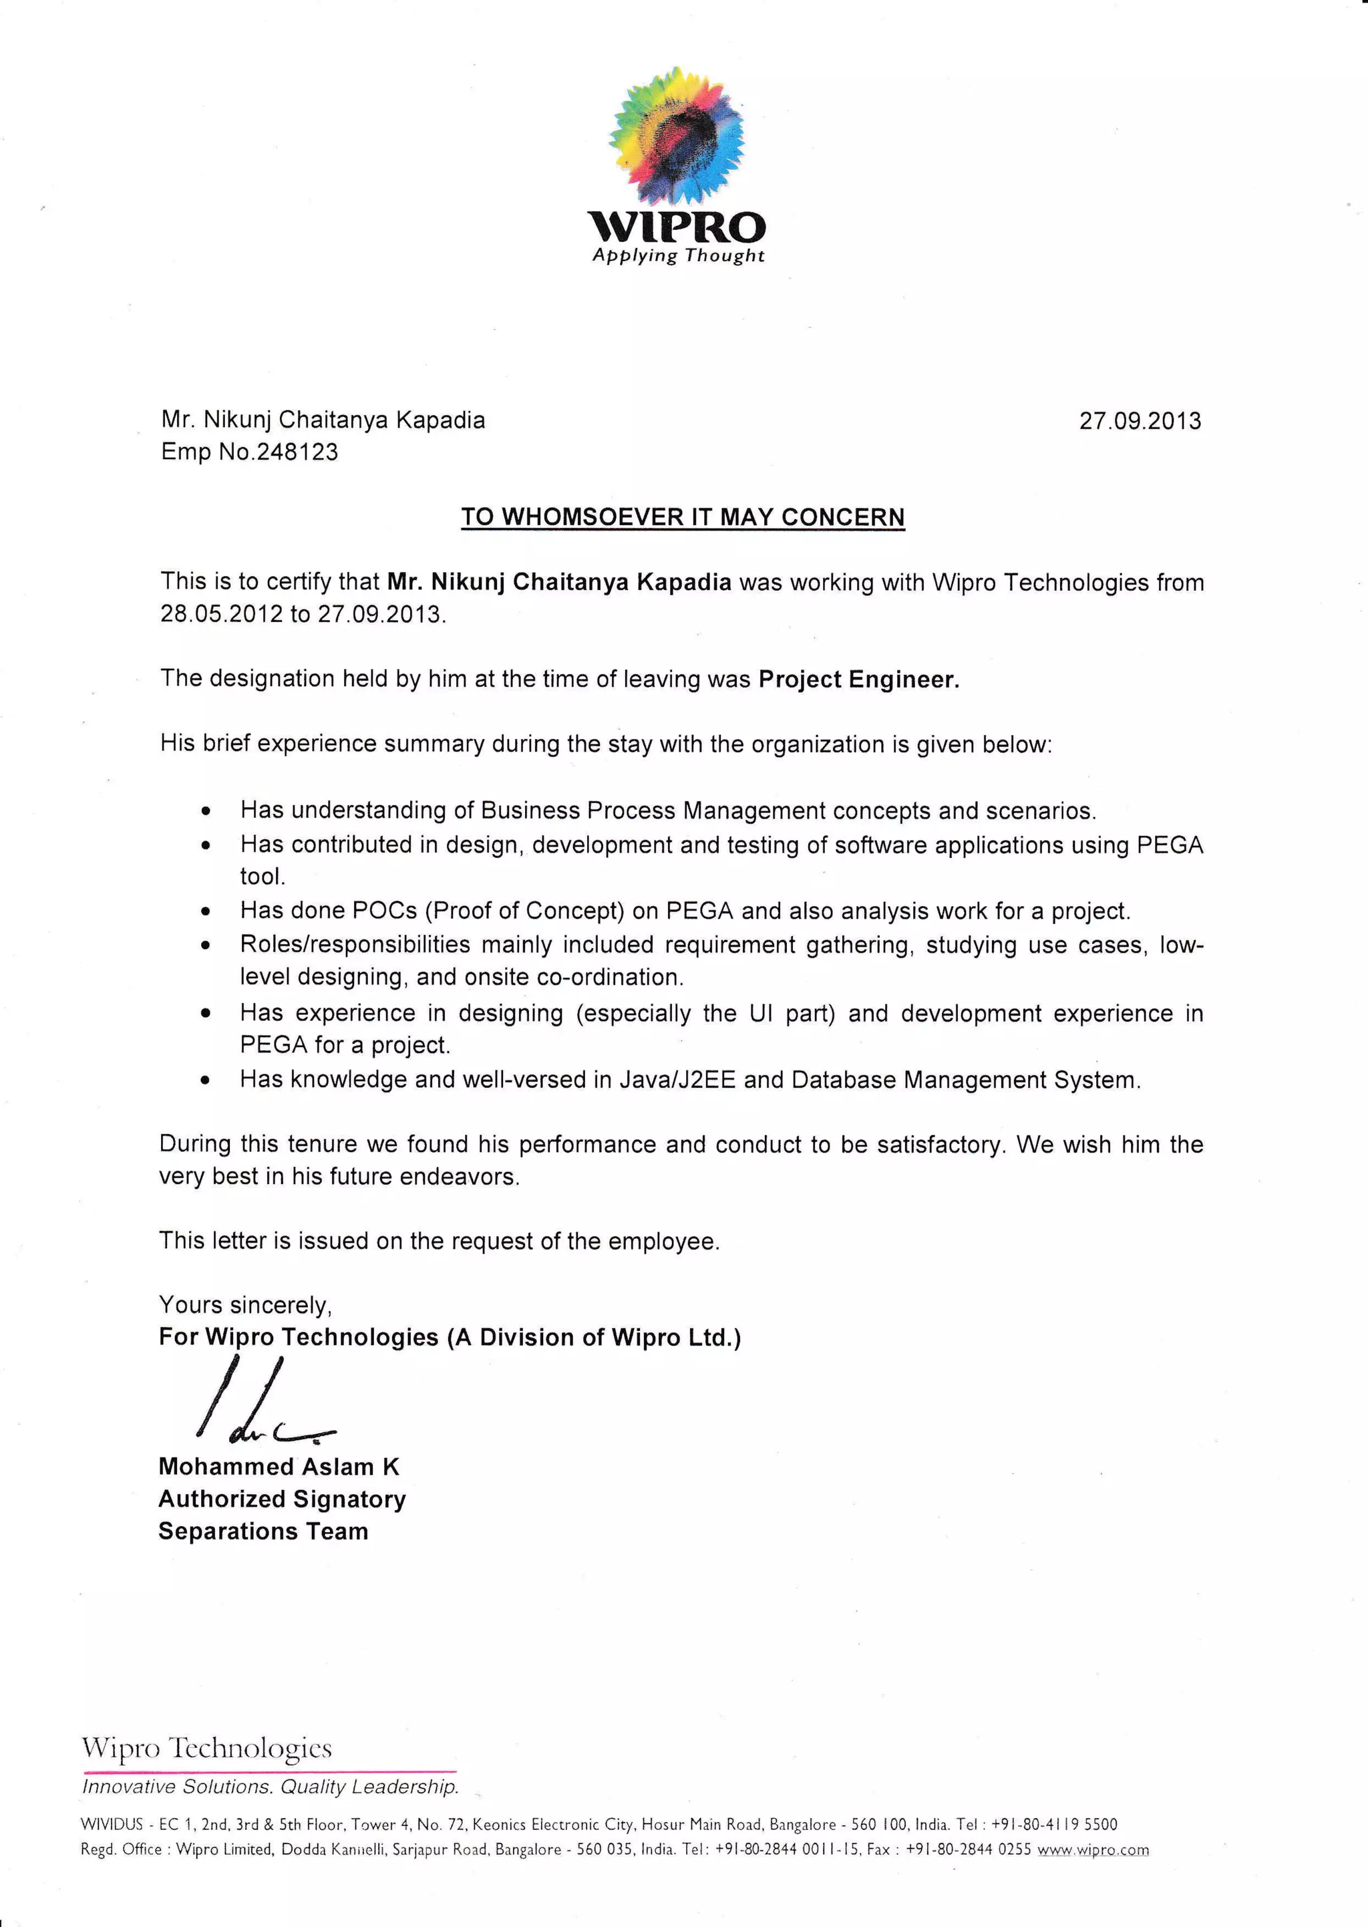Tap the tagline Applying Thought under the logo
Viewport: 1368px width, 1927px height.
click(x=678, y=255)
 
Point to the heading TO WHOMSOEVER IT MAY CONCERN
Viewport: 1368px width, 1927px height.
click(x=682, y=516)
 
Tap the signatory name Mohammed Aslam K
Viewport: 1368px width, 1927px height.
click(x=279, y=1467)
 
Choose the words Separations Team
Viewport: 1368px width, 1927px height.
click(x=263, y=1531)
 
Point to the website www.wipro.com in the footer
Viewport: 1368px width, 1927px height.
click(x=1093, y=1850)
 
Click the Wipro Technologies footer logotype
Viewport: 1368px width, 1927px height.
click(x=206, y=1749)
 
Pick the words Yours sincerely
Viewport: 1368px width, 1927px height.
click(x=245, y=1305)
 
